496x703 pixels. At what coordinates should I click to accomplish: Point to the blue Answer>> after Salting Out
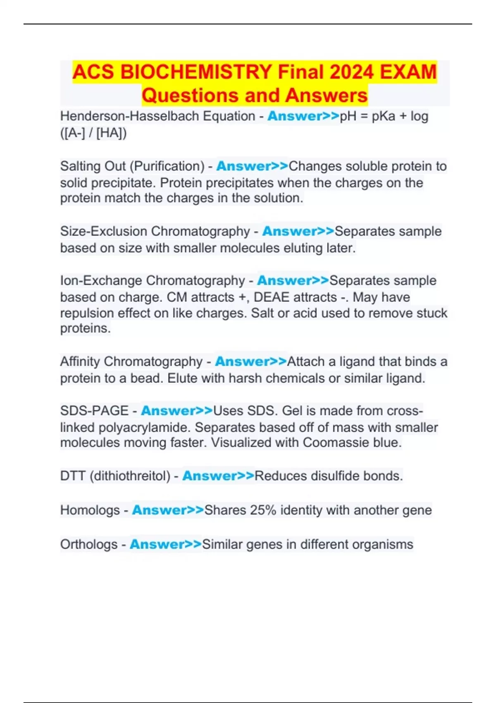pyautogui.click(x=252, y=166)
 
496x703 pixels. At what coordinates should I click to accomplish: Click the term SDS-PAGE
pyautogui.click(x=94, y=411)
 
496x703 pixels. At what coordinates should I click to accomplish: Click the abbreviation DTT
pyautogui.click(x=72, y=476)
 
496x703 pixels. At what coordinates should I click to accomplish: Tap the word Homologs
pyautogui.click(x=90, y=510)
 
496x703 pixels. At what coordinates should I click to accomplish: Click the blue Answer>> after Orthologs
pyautogui.click(x=166, y=545)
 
